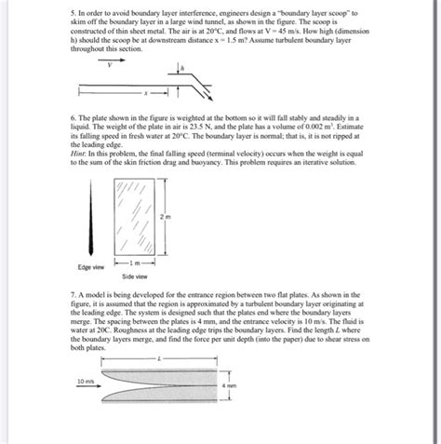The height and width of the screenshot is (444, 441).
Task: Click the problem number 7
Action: [73, 292]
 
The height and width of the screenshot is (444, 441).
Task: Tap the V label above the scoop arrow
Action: [109, 65]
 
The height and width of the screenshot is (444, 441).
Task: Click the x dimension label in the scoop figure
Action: [144, 93]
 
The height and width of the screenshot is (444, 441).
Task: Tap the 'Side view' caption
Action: [136, 277]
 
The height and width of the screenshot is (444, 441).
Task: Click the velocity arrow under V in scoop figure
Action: [110, 74]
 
